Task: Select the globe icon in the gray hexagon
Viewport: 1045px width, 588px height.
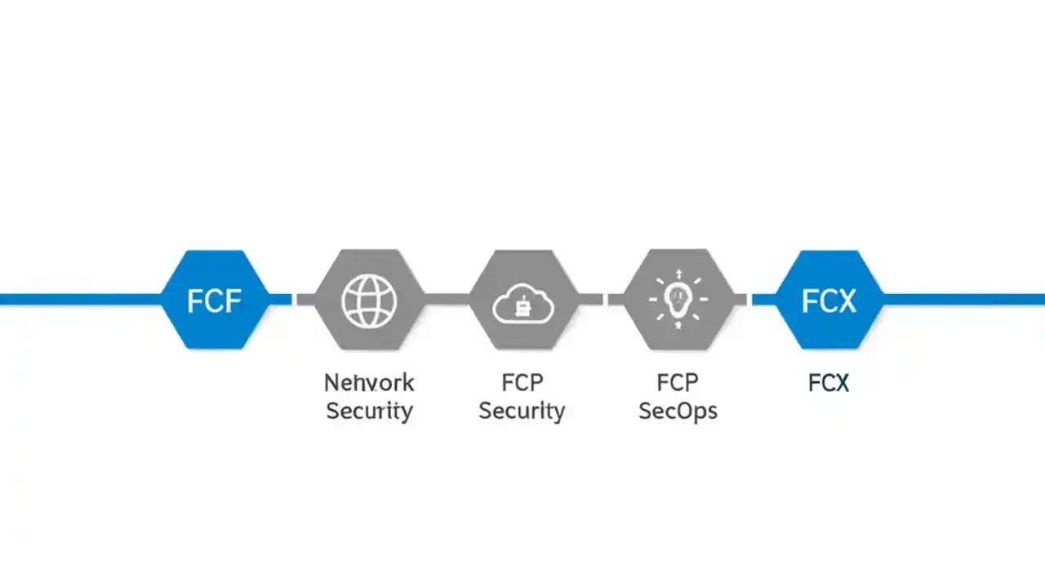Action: click(x=369, y=301)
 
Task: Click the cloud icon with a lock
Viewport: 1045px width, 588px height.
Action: click(x=523, y=303)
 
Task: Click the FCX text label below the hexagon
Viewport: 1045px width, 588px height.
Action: click(x=828, y=383)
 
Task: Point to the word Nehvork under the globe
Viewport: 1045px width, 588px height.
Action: click(x=369, y=383)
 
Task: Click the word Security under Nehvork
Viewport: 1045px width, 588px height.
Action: click(x=369, y=411)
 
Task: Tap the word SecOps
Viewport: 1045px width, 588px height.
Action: click(x=678, y=411)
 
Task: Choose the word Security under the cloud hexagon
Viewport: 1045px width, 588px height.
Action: click(x=522, y=411)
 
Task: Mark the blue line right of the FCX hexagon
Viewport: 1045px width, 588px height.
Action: click(x=963, y=300)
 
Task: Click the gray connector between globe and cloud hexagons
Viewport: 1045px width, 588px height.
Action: click(x=447, y=300)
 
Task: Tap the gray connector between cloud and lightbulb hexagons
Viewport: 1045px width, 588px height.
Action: click(x=603, y=300)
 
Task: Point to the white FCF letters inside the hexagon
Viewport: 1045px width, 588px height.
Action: click(x=214, y=301)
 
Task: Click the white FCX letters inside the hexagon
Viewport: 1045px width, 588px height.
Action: click(x=828, y=301)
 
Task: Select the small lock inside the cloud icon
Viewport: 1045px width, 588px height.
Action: click(x=523, y=308)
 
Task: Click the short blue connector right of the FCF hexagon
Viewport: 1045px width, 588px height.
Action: click(x=281, y=300)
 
